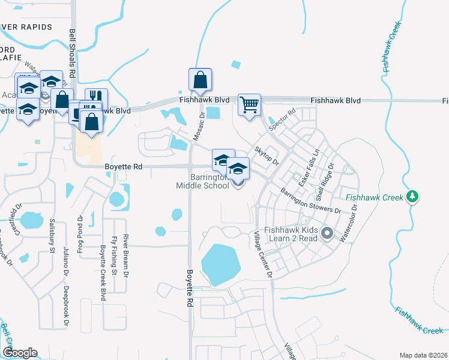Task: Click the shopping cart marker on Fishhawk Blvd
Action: [249, 105]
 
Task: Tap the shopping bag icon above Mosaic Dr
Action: [200, 79]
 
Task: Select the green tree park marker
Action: [412, 196]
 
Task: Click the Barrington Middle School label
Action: [210, 181]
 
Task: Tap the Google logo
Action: [20, 353]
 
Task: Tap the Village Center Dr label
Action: [262, 255]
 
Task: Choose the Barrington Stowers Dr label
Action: [310, 200]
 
